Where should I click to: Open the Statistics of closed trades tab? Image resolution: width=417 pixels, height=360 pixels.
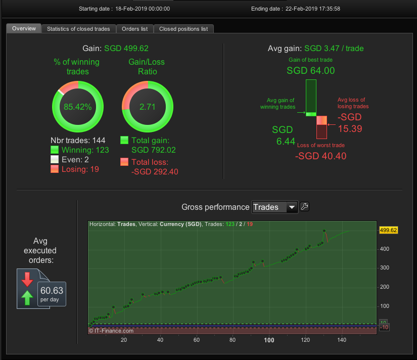[78, 29]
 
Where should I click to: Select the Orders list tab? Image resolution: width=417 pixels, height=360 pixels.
[134, 29]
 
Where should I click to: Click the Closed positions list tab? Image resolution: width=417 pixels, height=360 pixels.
[183, 29]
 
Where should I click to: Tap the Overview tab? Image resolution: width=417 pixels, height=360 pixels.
[24, 28]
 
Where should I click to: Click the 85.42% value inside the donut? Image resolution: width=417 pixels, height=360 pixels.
[78, 107]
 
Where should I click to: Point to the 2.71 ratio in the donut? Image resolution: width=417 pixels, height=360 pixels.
[147, 107]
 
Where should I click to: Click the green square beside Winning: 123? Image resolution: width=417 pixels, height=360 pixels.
[55, 150]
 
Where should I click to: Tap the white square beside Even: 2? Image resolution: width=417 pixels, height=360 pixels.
[55, 159]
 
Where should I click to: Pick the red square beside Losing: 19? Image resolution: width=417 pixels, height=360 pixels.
[55, 169]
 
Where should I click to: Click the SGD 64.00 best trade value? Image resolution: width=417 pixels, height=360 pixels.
[311, 70]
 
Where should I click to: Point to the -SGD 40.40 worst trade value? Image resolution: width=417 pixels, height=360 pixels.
[321, 156]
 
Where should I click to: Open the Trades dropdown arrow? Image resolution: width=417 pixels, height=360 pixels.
[292, 207]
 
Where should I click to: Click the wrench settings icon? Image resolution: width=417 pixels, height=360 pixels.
[304, 207]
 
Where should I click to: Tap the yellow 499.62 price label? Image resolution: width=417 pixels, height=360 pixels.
[388, 230]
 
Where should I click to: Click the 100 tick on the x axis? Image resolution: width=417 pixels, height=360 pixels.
[269, 340]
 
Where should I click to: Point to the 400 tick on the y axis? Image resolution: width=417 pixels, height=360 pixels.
[385, 249]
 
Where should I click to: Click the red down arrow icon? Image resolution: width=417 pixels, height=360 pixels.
[27, 279]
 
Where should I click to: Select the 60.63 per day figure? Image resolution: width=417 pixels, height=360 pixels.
[52, 294]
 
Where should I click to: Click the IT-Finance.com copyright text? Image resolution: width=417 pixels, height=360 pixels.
[111, 331]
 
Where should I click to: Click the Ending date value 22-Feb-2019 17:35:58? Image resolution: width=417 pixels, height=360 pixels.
[313, 9]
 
